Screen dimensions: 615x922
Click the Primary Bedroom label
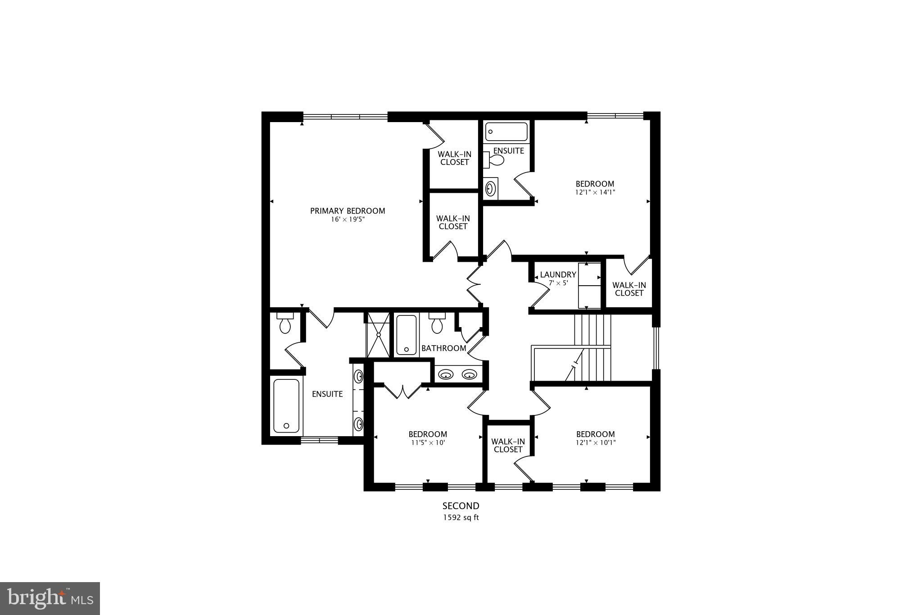[348, 211]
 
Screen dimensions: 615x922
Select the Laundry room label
[558, 275]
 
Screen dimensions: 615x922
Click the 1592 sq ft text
[461, 518]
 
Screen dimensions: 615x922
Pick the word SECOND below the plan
[461, 506]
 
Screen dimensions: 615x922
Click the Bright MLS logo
[50, 598]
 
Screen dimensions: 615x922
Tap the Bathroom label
[443, 348]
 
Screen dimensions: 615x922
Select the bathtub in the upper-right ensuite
[506, 132]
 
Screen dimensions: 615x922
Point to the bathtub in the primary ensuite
[286, 406]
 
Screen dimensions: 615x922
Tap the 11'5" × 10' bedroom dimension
[427, 443]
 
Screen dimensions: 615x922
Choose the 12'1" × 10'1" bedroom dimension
[595, 443]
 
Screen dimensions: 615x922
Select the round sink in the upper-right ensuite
[491, 188]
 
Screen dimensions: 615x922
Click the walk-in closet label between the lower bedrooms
[508, 446]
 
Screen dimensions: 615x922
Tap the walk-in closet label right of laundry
[629, 289]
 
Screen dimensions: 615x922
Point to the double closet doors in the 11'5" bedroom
[402, 391]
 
